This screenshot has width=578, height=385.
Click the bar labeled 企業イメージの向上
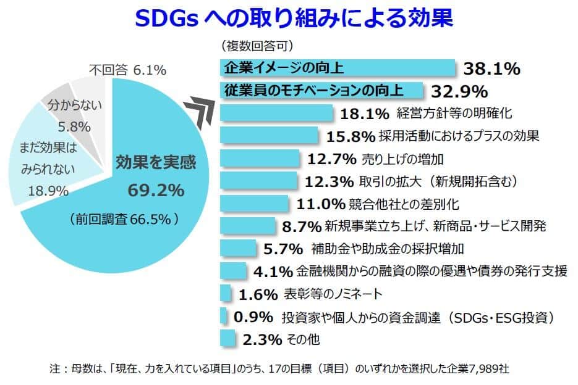337,67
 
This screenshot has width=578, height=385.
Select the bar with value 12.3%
260,181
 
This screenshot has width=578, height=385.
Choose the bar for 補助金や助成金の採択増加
238,249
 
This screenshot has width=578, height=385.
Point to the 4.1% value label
273,271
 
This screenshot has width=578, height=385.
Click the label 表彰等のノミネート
334,293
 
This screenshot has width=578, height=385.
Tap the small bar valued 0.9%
223,316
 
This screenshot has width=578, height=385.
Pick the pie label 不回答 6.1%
127,70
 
